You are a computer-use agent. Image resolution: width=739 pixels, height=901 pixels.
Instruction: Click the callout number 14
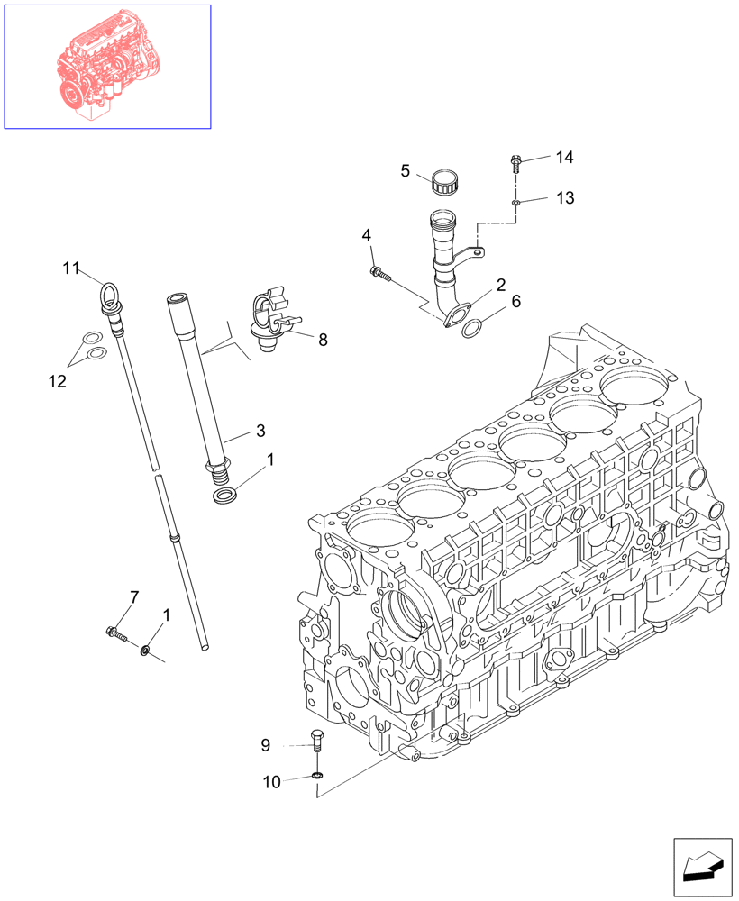pos(564,158)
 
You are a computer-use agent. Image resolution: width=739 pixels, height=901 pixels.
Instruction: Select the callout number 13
pos(564,197)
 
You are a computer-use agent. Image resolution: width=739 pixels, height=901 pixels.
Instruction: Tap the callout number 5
pos(406,170)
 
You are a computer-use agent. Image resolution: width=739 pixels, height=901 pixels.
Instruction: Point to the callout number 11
pos(72,268)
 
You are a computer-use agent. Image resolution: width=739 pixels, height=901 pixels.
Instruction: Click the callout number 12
pos(57,381)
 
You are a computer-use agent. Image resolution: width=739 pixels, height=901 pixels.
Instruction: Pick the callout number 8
pos(323,340)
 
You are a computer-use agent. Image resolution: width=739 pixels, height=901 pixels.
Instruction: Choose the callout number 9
pos(266,744)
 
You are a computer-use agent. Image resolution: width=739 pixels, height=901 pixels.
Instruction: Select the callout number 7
pos(134,596)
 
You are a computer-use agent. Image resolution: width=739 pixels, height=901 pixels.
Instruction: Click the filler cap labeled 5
pos(444,182)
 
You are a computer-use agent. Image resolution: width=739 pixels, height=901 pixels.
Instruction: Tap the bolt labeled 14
pos(515,164)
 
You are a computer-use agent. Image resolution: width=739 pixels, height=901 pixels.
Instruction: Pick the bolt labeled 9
pos(315,742)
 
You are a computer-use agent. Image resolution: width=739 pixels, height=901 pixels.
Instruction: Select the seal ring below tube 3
pos(225,496)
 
